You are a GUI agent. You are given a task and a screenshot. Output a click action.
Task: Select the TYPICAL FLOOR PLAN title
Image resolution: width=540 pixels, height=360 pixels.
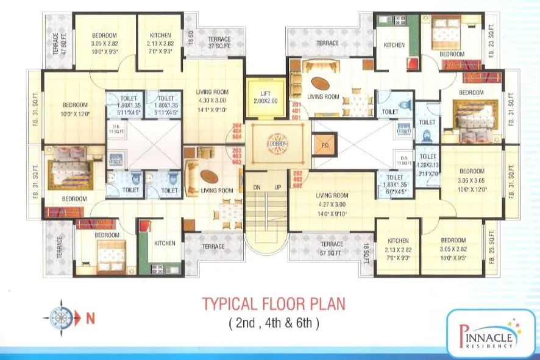pos(274,303)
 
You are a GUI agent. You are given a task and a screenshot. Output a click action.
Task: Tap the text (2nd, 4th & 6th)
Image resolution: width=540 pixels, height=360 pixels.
pos(274,322)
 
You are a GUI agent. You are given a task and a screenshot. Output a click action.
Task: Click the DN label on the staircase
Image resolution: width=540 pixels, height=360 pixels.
pos(257,188)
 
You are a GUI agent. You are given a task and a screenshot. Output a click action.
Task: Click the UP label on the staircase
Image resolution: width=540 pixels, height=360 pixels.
pos(278,188)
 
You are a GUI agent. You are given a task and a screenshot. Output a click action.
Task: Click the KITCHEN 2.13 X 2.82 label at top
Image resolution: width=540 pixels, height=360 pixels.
pos(160,44)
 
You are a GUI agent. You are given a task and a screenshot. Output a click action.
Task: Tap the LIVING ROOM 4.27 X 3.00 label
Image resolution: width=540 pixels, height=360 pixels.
pos(331,205)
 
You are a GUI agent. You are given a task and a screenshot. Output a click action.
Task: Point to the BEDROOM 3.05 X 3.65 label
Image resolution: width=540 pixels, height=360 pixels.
pos(472,180)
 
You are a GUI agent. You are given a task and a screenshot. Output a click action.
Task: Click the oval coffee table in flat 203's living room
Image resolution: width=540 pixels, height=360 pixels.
pos(210,177)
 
